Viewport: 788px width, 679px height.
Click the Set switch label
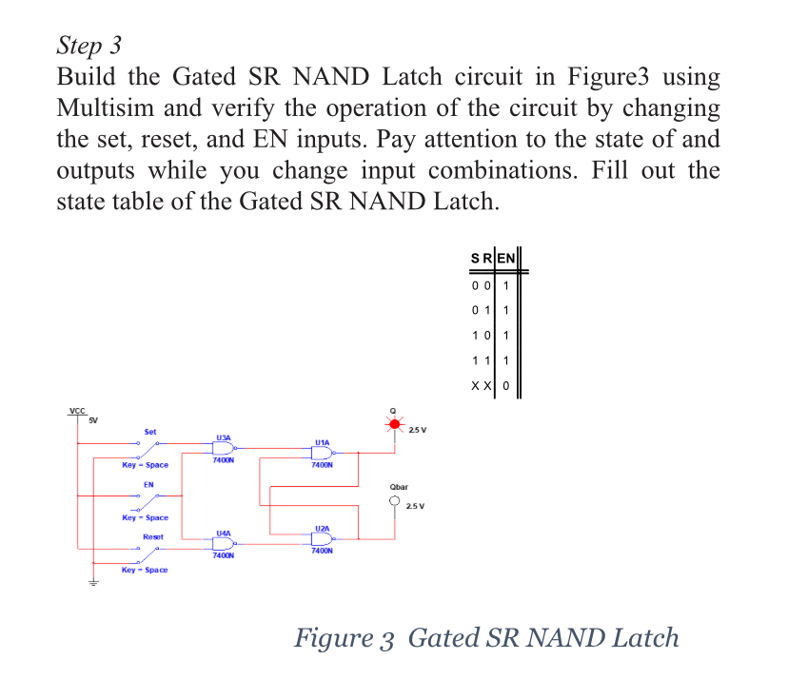pyautogui.click(x=149, y=432)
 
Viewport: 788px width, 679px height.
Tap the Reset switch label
pyautogui.click(x=152, y=536)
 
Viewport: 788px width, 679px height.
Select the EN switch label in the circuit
pyautogui.click(x=148, y=485)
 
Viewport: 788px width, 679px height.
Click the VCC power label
pyautogui.click(x=77, y=411)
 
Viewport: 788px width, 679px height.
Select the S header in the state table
pyautogui.click(x=475, y=258)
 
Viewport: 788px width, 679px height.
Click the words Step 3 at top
pyautogui.click(x=89, y=45)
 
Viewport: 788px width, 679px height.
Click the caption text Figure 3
pyautogui.click(x=346, y=636)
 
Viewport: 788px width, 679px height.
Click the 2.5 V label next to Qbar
pyautogui.click(x=416, y=506)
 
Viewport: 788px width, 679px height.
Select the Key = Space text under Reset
pyautogui.click(x=145, y=570)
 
